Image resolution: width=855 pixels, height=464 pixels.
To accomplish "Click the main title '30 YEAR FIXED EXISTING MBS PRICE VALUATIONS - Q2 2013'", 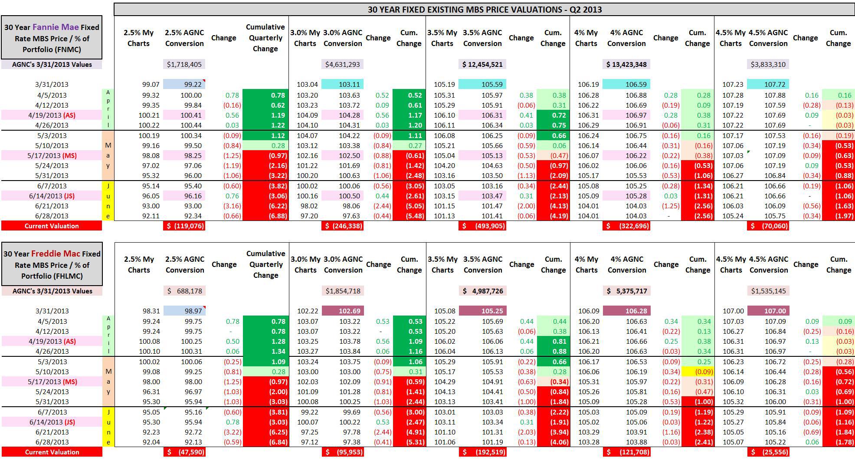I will coord(484,10).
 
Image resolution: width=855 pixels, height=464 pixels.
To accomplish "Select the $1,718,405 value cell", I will coord(184,64).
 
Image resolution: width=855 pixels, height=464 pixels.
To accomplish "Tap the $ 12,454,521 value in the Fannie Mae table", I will coord(482,64).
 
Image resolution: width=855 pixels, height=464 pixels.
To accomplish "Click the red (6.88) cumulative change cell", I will coord(265,216).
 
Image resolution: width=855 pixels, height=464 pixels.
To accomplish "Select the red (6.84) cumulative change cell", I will coord(265,442).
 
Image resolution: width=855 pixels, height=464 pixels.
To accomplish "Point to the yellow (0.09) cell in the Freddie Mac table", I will coord(698,372).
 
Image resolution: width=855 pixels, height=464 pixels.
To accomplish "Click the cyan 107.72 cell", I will coord(768,84).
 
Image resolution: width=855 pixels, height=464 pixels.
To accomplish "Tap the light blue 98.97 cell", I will coord(185,311).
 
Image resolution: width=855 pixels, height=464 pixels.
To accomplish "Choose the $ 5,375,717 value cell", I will coord(627,291).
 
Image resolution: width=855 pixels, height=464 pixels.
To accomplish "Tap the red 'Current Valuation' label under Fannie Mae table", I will coord(52,226).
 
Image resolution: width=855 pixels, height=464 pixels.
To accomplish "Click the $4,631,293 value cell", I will coord(343,64).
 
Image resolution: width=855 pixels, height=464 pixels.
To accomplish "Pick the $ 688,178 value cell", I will coord(185,291).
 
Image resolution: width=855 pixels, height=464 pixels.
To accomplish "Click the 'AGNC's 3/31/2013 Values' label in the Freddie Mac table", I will coord(52,291).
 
